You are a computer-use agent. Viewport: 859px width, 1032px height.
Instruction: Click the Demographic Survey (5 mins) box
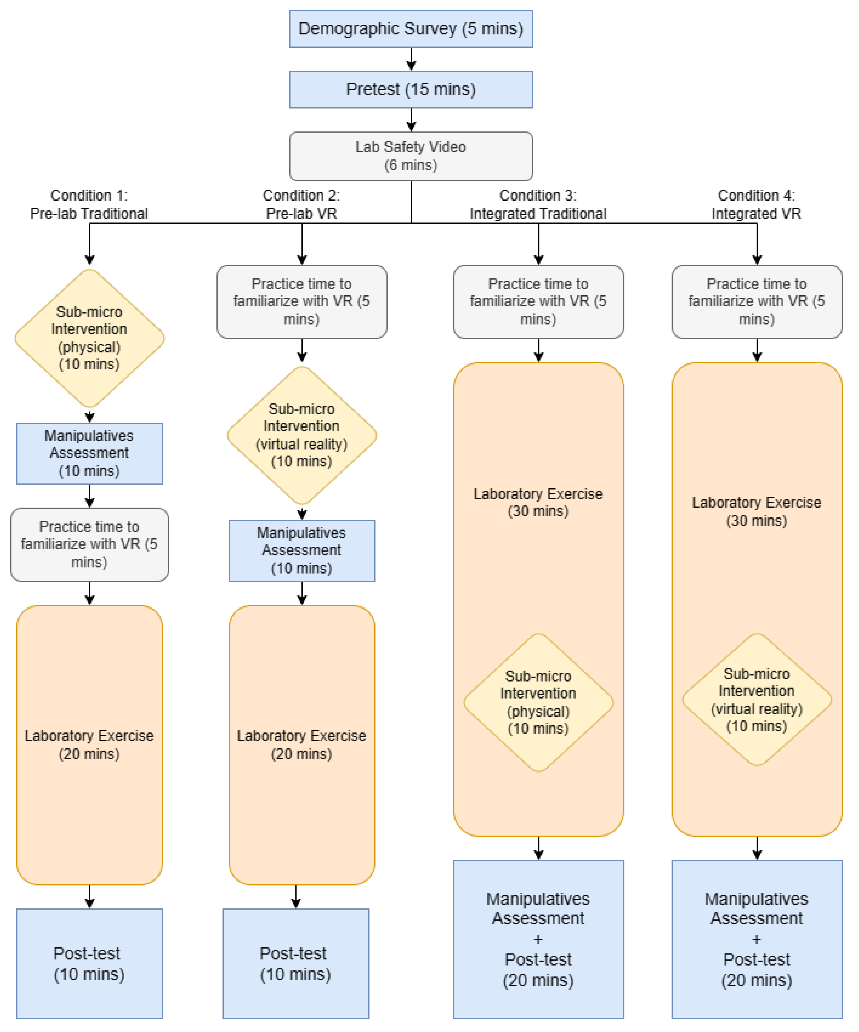[x=411, y=28]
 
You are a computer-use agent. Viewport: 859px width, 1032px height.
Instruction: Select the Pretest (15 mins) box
[x=411, y=90]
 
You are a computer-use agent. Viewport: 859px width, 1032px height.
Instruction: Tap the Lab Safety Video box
[x=411, y=156]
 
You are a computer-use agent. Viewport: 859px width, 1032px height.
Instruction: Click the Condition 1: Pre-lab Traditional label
[x=89, y=204]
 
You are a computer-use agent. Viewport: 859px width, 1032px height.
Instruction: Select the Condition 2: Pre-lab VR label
[x=301, y=204]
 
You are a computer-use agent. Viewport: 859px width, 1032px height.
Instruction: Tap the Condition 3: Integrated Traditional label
[x=538, y=204]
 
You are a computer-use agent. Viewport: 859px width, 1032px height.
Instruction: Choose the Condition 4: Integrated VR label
[x=756, y=204]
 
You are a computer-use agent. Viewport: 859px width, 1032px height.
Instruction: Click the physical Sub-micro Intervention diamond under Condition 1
[x=89, y=338]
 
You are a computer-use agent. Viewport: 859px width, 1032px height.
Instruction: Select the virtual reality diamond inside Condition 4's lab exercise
[x=756, y=700]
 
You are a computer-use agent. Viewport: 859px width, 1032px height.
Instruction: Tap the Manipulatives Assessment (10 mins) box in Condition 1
[x=89, y=453]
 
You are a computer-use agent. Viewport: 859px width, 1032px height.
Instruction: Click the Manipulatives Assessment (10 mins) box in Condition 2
[x=301, y=550]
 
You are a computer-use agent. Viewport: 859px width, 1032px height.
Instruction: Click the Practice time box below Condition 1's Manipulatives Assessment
[x=89, y=544]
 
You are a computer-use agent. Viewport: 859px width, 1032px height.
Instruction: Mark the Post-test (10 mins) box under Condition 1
[x=89, y=963]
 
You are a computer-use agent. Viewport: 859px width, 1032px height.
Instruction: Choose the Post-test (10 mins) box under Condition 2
[x=295, y=963]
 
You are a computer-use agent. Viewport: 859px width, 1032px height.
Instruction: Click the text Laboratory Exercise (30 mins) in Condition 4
[x=756, y=511]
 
